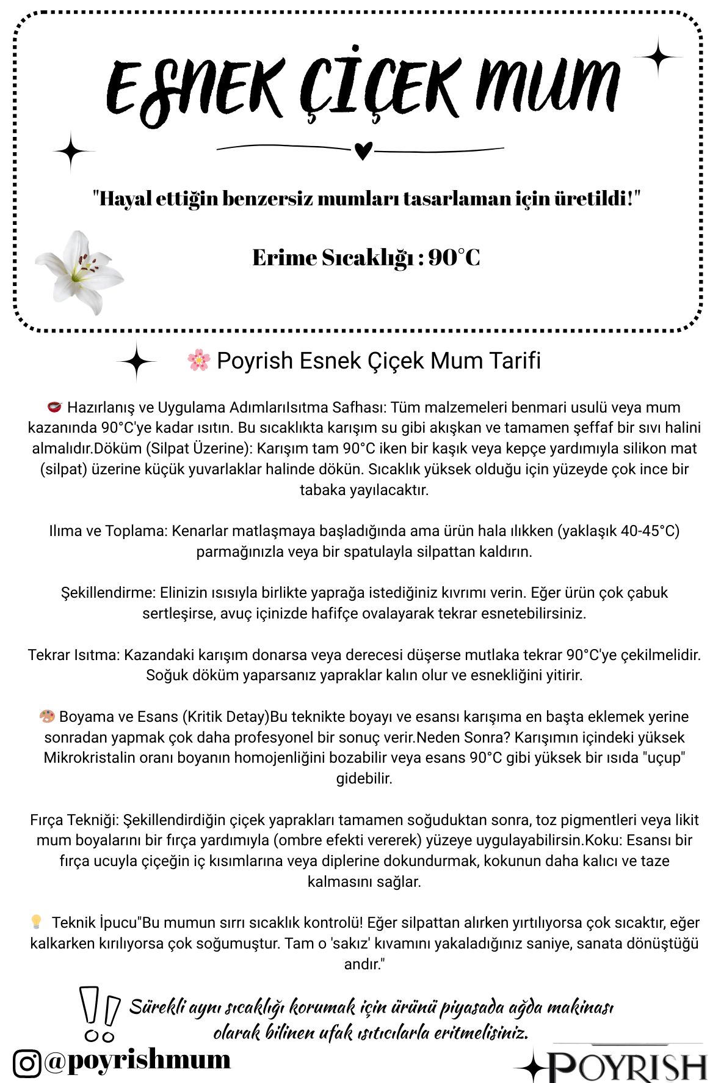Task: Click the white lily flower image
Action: pyautogui.click(x=80, y=272)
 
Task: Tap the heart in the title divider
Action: pyautogui.click(x=363, y=149)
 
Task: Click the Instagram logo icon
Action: pyautogui.click(x=27, y=1063)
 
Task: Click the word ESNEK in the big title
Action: pyautogui.click(x=195, y=89)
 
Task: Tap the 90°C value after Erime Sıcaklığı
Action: pyautogui.click(x=454, y=258)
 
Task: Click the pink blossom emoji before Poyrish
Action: pyautogui.click(x=199, y=361)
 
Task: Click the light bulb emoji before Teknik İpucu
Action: pyautogui.click(x=36, y=922)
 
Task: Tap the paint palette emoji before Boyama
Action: pyautogui.click(x=47, y=716)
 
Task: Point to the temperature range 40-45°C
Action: pyautogui.click(x=650, y=530)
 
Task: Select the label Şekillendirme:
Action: pyautogui.click(x=108, y=593)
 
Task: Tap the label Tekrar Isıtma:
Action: pyautogui.click(x=74, y=655)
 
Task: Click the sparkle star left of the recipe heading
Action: pyautogui.click(x=137, y=362)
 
